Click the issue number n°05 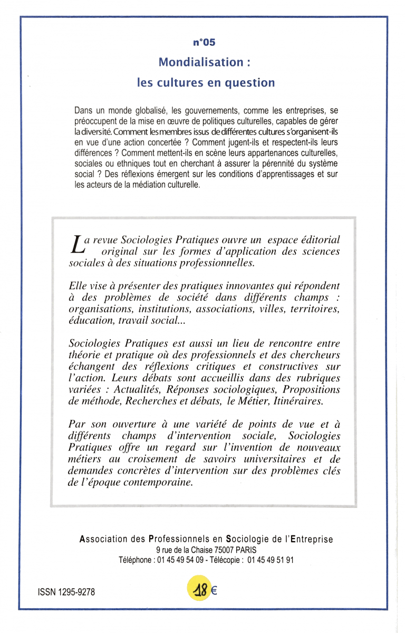pos(205,43)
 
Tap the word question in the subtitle pos(250,83)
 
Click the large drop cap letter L pos(76,245)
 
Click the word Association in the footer pos(104,539)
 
